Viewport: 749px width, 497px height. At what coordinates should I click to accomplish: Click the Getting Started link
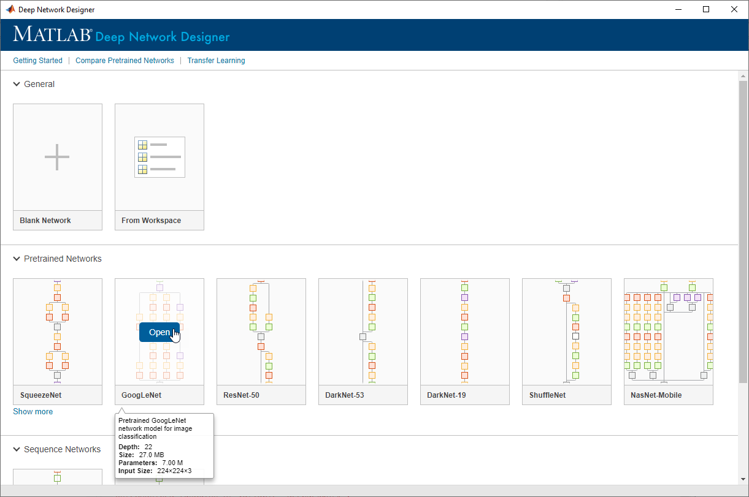coord(38,61)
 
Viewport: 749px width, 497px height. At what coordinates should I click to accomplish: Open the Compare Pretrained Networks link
coord(125,61)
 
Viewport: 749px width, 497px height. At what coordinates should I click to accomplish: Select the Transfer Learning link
coord(216,61)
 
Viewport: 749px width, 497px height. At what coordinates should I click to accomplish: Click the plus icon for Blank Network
coord(57,157)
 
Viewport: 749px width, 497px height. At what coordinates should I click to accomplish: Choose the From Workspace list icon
coord(159,157)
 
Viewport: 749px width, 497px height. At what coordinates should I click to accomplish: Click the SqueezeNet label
coord(41,395)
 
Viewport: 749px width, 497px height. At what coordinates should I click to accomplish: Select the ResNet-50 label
coord(242,395)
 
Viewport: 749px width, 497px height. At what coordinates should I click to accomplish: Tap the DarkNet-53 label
coord(344,395)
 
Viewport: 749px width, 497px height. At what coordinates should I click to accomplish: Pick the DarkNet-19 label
coord(447,395)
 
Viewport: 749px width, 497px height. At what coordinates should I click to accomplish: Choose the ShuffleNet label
coord(547,395)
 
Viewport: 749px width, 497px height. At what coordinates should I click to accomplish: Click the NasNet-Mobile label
coord(656,395)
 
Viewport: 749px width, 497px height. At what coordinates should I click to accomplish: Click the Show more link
coord(33,411)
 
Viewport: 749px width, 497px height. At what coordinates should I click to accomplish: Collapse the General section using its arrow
coord(17,84)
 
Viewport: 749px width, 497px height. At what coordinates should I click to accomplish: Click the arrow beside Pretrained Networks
coord(17,259)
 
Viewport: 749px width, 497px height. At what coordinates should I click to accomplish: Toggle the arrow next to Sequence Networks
coord(17,449)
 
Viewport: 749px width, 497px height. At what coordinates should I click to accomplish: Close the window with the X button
coord(734,9)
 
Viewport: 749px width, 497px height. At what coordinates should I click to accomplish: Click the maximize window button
coord(706,9)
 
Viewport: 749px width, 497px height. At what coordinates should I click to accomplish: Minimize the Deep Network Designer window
coord(678,9)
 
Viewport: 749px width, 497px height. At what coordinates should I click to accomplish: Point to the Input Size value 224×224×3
coord(175,471)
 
